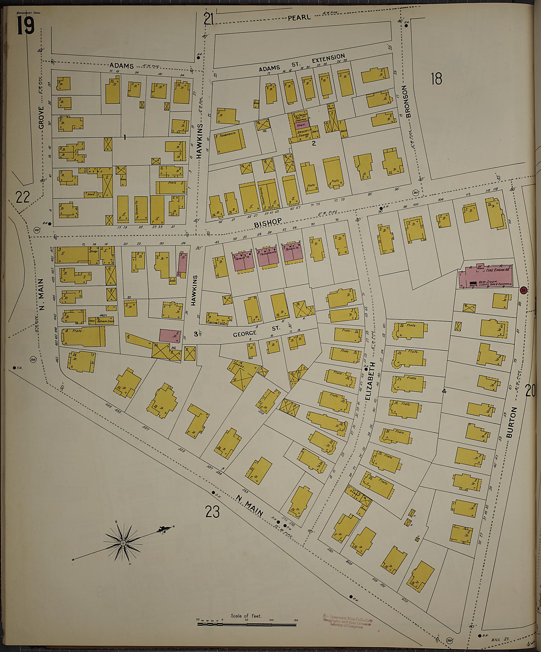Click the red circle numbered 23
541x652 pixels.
click(x=523, y=290)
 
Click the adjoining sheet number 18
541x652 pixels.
click(x=436, y=79)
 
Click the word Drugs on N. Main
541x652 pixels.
click(x=93, y=251)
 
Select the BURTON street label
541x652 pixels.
click(x=511, y=422)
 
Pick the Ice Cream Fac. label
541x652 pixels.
click(x=300, y=115)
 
